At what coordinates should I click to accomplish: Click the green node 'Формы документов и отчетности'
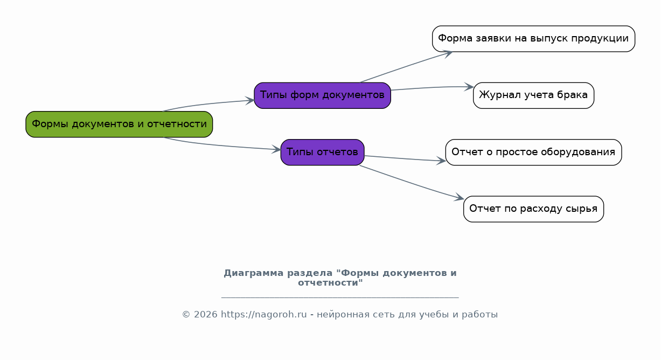coord(119,124)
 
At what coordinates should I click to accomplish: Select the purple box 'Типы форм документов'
coord(322,95)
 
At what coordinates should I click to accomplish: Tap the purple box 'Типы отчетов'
coord(322,152)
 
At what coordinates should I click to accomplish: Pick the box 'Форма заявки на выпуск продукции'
coord(533,39)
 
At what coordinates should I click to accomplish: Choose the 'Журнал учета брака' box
coord(533,95)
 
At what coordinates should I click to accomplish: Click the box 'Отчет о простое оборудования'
coord(533,152)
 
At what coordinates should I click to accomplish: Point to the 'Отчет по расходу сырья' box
coord(533,209)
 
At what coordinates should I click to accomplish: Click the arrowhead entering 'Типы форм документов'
coord(251,100)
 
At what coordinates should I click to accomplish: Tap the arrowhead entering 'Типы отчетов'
coord(276,149)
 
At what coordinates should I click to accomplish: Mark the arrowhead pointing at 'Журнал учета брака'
coord(469,87)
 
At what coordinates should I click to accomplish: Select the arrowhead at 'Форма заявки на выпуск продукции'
coord(448,54)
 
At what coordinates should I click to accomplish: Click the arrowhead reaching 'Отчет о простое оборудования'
coord(441,161)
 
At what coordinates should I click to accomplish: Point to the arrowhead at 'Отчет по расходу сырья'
coord(459,197)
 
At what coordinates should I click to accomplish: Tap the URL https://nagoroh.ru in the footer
coord(264,314)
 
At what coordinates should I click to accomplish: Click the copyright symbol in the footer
coord(186,315)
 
